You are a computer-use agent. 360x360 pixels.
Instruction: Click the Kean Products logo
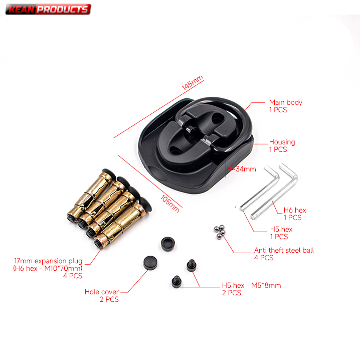click(48, 9)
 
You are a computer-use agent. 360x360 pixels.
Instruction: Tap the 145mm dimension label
click(193, 83)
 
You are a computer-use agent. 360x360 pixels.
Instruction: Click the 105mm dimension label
click(170, 204)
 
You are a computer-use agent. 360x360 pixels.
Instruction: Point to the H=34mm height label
click(241, 169)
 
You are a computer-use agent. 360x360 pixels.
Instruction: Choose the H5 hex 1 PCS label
click(281, 233)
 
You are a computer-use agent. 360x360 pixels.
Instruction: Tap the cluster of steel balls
click(220, 232)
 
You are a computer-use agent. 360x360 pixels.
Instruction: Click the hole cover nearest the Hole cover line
click(150, 262)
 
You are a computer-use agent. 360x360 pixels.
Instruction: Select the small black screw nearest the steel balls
click(191, 266)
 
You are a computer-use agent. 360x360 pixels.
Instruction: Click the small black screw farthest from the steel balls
click(176, 282)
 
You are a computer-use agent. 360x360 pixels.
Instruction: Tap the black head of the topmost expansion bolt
click(109, 174)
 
